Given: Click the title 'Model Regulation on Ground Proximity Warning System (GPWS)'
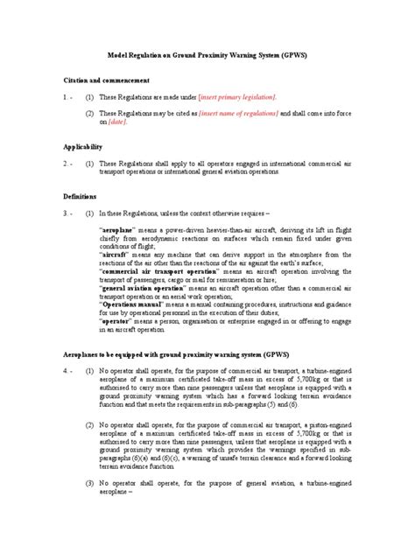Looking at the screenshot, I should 207,53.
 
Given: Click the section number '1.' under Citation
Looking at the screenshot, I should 67,95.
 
